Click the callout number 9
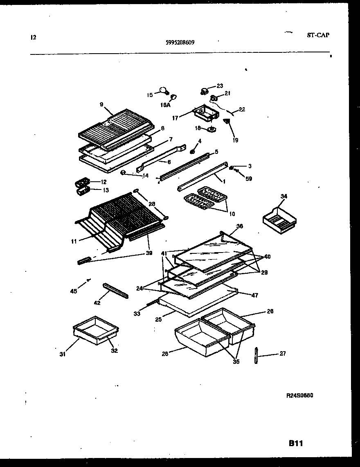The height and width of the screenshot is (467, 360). tap(101, 104)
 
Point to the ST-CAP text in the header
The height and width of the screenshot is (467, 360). tap(318, 35)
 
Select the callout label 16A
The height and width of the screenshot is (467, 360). tap(165, 105)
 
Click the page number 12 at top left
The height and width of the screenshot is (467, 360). tap(33, 37)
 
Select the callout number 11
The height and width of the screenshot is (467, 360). tap(74, 241)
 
